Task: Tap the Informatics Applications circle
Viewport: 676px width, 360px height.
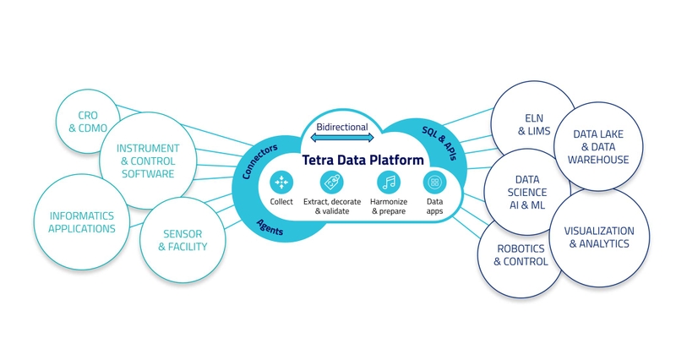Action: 81,221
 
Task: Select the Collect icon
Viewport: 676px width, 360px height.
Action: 281,182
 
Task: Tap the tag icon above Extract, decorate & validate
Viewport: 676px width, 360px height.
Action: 332,182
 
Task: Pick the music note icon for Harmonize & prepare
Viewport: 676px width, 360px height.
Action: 389,182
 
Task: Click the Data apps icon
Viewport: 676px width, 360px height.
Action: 434,182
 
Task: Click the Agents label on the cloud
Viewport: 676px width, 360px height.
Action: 270,224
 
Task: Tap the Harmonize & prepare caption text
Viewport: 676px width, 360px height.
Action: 389,206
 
